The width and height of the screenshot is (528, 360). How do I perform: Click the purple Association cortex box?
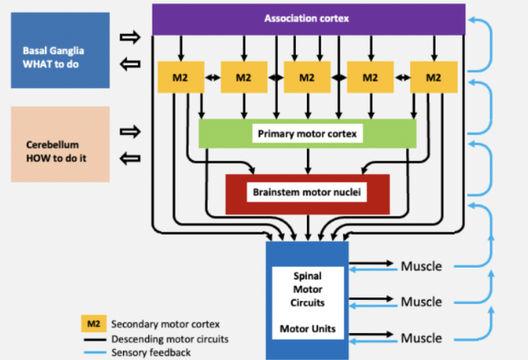click(308, 19)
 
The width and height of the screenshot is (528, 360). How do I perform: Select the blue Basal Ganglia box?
click(61, 50)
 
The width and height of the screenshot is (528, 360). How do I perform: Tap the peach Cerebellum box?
click(61, 144)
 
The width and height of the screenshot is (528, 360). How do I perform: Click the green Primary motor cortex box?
click(307, 133)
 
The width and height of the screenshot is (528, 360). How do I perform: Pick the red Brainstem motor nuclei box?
click(307, 193)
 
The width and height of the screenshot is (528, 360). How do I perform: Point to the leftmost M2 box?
click(181, 77)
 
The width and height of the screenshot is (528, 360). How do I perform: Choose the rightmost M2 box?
click(433, 77)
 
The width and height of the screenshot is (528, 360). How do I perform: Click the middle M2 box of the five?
click(307, 77)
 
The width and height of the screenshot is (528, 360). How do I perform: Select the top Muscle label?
click(421, 268)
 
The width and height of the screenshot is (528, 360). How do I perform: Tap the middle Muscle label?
click(421, 302)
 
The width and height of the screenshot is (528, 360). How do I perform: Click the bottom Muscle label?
click(421, 338)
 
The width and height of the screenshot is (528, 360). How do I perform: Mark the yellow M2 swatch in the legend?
click(90, 322)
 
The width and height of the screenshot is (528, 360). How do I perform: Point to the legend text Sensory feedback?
click(151, 352)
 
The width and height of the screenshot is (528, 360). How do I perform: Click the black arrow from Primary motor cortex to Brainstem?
click(307, 160)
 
